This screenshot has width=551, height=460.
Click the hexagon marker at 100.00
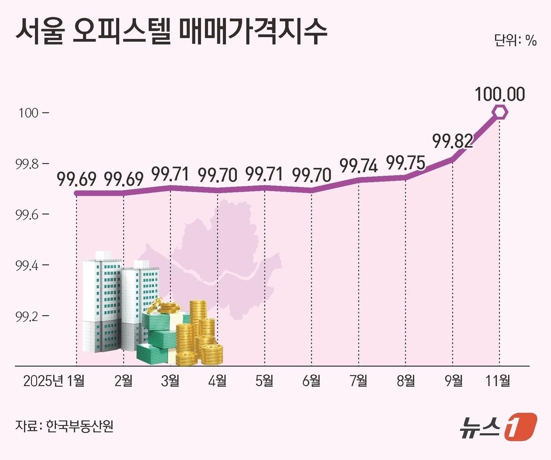point(500,112)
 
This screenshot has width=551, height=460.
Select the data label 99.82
point(453,141)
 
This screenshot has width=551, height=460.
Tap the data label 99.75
point(406,163)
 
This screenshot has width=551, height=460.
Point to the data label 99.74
point(359,166)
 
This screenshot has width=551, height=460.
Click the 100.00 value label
point(499,95)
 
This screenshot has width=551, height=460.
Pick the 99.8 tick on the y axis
point(27,164)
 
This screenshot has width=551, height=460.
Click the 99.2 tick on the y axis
point(27,316)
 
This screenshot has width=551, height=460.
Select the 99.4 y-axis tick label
point(27,265)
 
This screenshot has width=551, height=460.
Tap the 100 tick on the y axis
point(28,113)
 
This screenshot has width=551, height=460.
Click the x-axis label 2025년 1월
point(54,381)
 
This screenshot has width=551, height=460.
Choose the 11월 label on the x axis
point(498,381)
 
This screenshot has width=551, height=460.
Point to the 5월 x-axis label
point(264,381)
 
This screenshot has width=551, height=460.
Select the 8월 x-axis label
point(406,381)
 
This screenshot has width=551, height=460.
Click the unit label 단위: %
point(515,40)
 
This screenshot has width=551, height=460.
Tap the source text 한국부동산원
point(80,426)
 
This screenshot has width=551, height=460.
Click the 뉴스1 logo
point(498,426)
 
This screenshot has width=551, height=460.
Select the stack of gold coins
point(199,335)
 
